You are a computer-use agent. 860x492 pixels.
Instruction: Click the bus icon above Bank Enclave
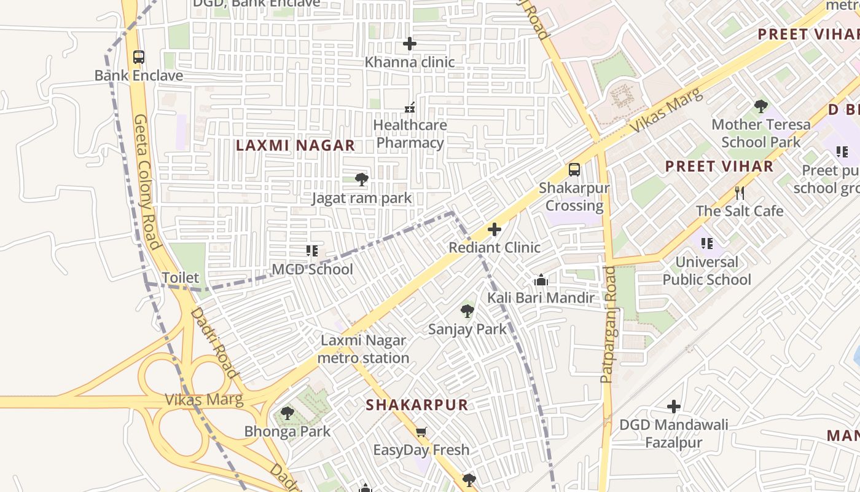click(139, 57)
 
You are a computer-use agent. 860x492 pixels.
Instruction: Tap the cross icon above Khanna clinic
click(409, 44)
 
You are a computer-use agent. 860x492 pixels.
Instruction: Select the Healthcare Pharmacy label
click(410, 134)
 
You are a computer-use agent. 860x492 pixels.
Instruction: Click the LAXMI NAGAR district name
click(295, 146)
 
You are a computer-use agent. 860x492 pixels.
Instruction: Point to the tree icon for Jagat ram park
click(362, 180)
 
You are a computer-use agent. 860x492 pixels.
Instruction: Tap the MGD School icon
click(312, 251)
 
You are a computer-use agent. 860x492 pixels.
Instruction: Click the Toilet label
click(180, 278)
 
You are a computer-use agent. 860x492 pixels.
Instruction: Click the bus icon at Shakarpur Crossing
click(574, 170)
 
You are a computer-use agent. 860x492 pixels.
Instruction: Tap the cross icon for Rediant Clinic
click(494, 230)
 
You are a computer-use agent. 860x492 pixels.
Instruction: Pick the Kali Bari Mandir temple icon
click(541, 280)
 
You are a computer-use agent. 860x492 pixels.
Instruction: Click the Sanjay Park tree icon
click(467, 311)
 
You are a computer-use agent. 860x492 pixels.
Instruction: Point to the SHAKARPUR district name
click(417, 405)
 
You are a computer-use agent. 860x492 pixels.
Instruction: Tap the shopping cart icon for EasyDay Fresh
click(421, 432)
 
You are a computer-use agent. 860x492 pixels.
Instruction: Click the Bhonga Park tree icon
click(287, 413)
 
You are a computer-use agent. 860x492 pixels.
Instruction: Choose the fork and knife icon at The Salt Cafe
click(740, 193)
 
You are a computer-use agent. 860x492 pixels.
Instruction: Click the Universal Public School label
click(706, 271)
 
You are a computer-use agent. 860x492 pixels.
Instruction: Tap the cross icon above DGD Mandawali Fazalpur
click(674, 407)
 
